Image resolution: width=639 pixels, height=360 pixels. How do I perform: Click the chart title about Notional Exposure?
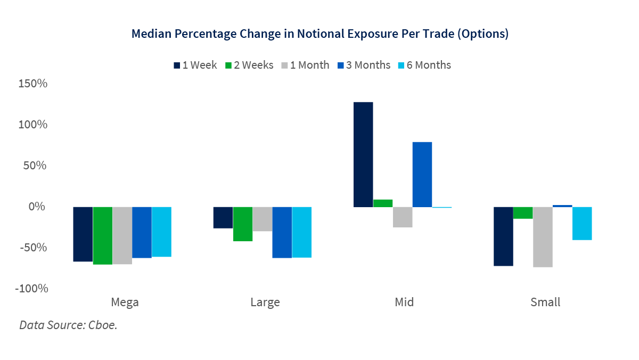(319, 34)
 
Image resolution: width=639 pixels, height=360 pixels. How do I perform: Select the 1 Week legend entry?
(195, 65)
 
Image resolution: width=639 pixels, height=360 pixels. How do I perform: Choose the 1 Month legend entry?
(305, 65)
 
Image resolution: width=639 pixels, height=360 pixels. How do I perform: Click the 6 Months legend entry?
(424, 65)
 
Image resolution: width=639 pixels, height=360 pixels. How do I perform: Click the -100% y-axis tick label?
(33, 289)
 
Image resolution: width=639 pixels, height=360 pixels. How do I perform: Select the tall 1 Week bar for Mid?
(363, 154)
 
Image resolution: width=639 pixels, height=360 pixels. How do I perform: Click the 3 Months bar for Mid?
(422, 174)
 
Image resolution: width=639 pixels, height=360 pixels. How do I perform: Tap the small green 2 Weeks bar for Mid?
(383, 203)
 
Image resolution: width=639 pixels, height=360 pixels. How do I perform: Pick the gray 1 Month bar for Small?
(543, 236)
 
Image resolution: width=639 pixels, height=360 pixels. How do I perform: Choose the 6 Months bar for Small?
(582, 223)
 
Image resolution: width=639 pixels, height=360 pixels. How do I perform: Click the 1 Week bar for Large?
(223, 217)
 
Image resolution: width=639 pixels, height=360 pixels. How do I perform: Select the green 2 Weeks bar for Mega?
(102, 235)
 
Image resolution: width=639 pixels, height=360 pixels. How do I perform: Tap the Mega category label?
(125, 302)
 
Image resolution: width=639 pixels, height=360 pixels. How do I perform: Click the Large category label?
(265, 302)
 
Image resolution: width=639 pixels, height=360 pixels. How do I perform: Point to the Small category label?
(545, 302)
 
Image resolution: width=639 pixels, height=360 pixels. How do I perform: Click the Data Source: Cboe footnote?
(68, 324)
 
